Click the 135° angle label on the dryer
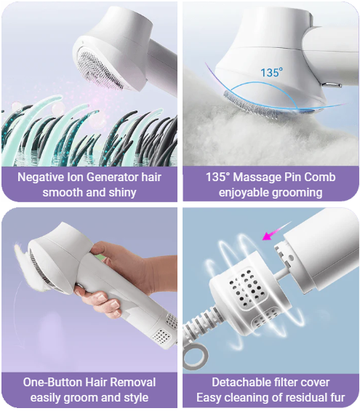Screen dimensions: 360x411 (272, 72)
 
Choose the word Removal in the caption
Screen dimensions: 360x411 (133, 382)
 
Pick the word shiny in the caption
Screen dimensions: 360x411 (122, 193)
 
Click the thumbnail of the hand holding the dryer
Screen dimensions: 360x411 (89, 290)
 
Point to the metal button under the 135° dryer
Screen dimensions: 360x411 (331, 84)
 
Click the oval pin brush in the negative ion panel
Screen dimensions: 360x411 (101, 71)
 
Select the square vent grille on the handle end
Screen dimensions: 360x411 (161, 337)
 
